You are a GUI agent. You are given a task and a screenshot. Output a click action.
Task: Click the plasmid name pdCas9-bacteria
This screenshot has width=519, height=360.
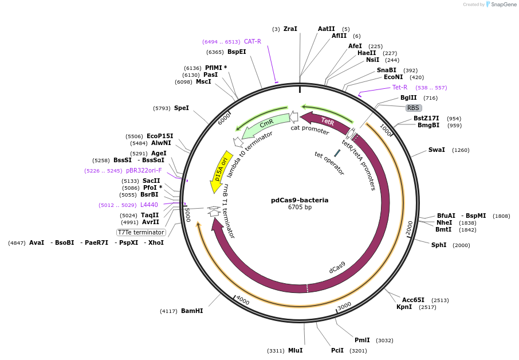(300, 200)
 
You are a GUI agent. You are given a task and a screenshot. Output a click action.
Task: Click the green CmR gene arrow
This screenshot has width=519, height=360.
(266, 125)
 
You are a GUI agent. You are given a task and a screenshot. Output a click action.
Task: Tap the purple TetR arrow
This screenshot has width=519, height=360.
(327, 121)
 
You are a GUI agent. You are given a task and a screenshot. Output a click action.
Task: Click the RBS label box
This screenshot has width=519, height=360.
(414, 108)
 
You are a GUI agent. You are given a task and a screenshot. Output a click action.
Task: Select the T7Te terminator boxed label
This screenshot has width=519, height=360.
(141, 232)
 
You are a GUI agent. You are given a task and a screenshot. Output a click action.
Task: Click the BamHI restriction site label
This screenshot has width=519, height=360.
(192, 311)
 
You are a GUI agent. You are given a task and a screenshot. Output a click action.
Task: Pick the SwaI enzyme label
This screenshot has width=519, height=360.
(437, 150)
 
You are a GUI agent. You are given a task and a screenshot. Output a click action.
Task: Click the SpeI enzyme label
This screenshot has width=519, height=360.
(181, 108)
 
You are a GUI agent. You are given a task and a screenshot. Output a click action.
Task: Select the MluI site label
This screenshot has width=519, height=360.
(295, 350)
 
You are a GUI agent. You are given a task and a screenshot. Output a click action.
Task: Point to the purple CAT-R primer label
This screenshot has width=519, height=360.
(252, 41)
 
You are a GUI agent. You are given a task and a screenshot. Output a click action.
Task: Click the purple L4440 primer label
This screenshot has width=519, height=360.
(149, 205)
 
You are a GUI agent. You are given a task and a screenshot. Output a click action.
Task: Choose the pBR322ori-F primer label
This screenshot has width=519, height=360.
(144, 170)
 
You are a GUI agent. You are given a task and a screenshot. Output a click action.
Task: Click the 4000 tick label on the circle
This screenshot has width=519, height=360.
(242, 300)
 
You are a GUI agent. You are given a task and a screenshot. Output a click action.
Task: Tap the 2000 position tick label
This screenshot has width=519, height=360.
(409, 227)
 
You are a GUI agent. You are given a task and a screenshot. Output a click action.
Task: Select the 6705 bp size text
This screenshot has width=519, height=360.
(300, 208)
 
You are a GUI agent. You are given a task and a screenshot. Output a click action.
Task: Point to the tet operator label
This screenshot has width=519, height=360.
(329, 163)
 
